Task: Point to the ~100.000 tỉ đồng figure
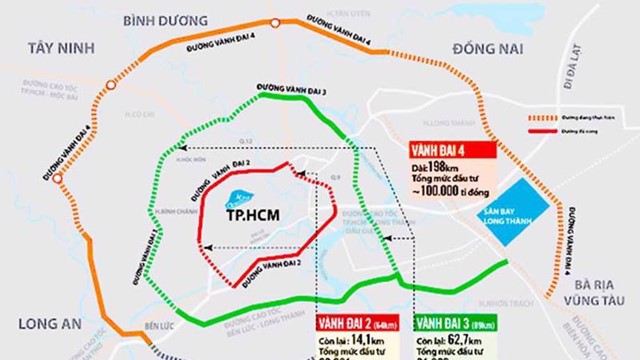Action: coord(449,190)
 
